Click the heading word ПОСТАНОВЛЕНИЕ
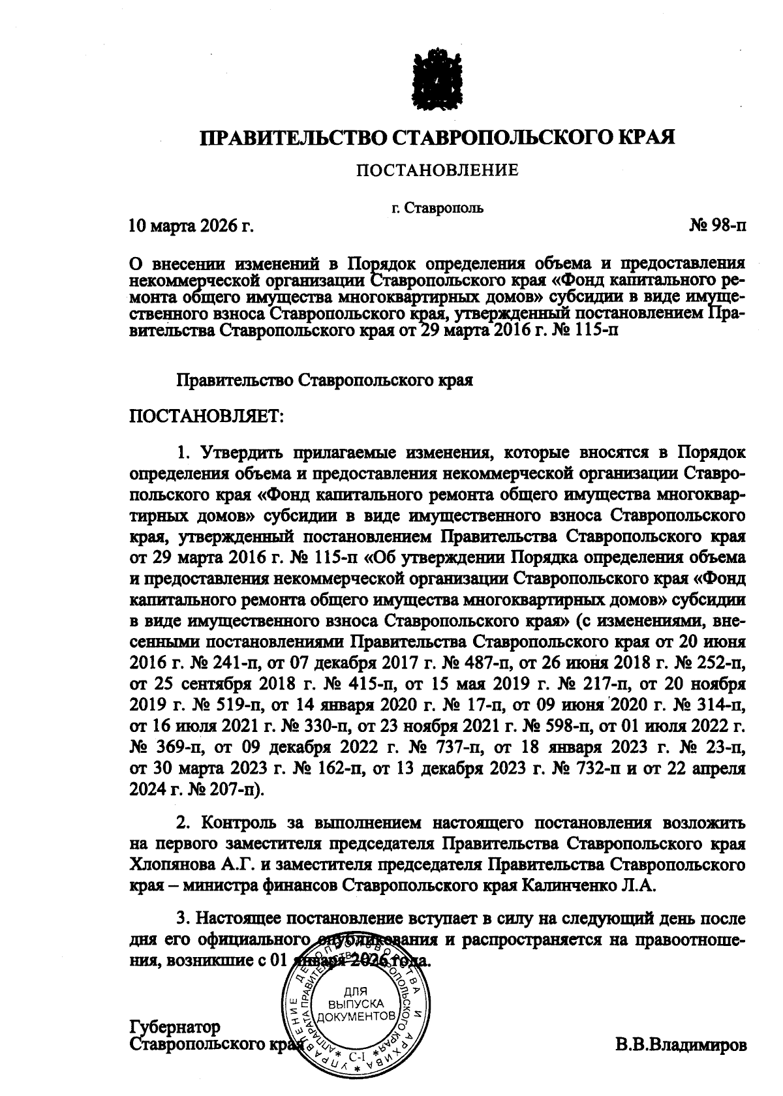click(x=437, y=171)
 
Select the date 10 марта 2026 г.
click(x=191, y=226)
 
